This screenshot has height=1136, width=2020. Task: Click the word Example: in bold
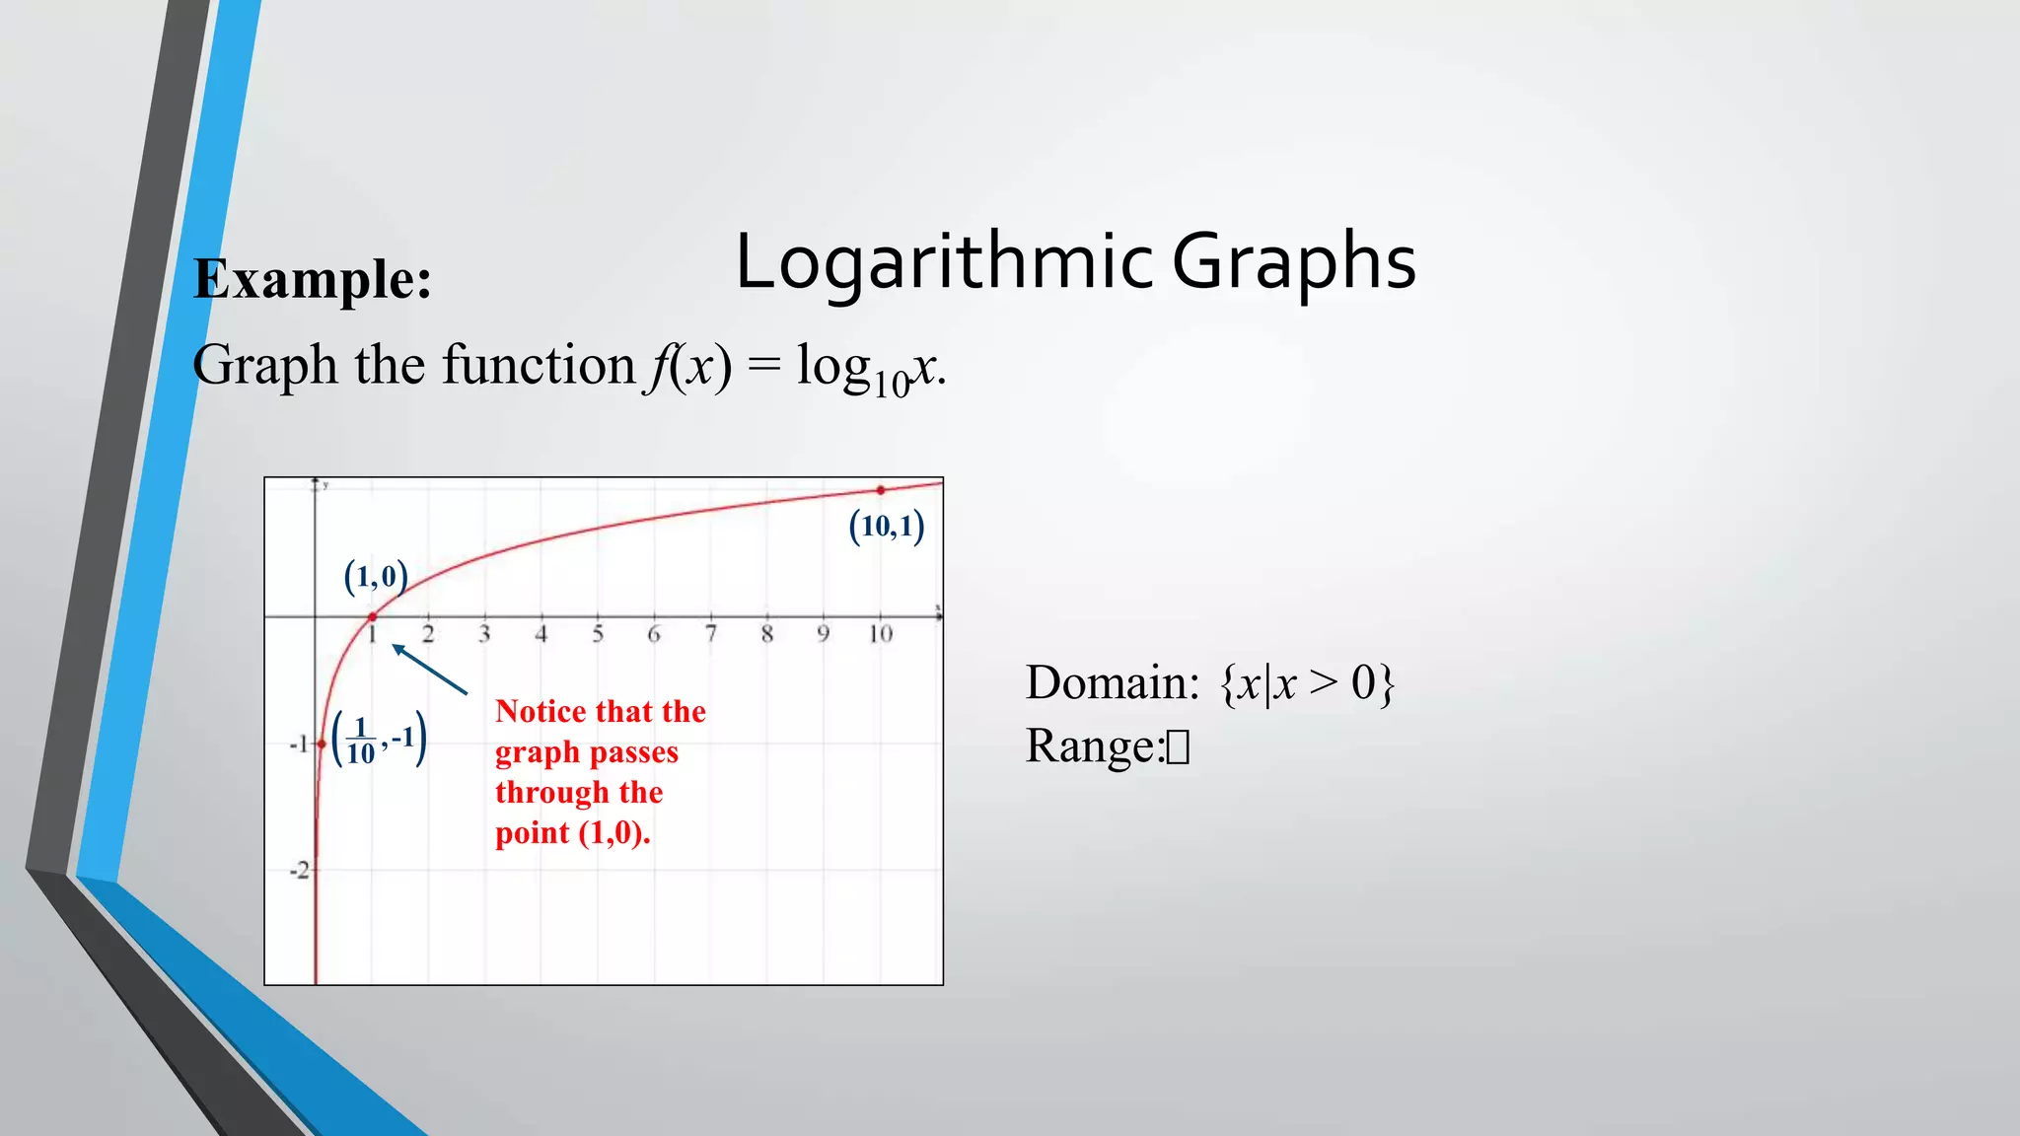313,279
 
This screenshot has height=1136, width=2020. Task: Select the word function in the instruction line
539,365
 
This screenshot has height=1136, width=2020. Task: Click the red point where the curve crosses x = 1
372,617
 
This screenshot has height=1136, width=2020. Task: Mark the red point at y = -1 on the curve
322,744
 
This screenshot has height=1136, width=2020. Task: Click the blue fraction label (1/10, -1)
380,740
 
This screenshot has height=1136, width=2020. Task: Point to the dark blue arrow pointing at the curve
429,670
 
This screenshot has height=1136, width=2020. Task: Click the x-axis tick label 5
598,634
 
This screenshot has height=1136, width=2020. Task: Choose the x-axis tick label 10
880,634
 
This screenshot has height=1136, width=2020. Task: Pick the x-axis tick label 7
710,634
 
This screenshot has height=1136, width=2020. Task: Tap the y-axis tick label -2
299,871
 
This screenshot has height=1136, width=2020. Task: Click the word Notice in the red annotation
541,711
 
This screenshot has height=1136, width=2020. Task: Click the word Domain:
1112,682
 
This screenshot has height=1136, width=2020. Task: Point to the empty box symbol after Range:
1178,747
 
